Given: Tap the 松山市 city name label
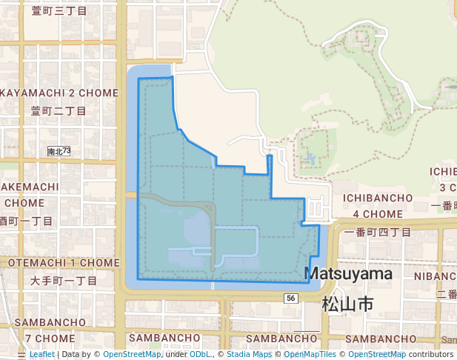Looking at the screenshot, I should point(347,304).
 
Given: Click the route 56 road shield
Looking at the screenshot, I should point(290,298).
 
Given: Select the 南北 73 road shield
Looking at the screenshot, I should point(59,151).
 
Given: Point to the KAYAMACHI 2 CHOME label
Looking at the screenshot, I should point(59,93).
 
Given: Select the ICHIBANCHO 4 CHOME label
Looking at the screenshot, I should point(377,205).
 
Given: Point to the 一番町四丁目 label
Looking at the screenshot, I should point(378,232).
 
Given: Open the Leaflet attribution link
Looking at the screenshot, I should point(41,355).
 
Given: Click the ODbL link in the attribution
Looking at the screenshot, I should point(200,355).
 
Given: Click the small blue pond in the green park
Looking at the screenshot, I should point(309,159).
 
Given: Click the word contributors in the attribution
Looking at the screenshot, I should point(431,355).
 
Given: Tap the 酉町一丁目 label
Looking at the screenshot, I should point(27,221).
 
